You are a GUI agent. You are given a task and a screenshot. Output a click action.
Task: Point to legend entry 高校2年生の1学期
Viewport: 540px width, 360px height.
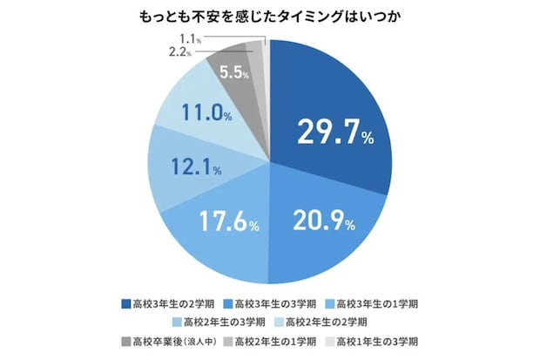(272, 340)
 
